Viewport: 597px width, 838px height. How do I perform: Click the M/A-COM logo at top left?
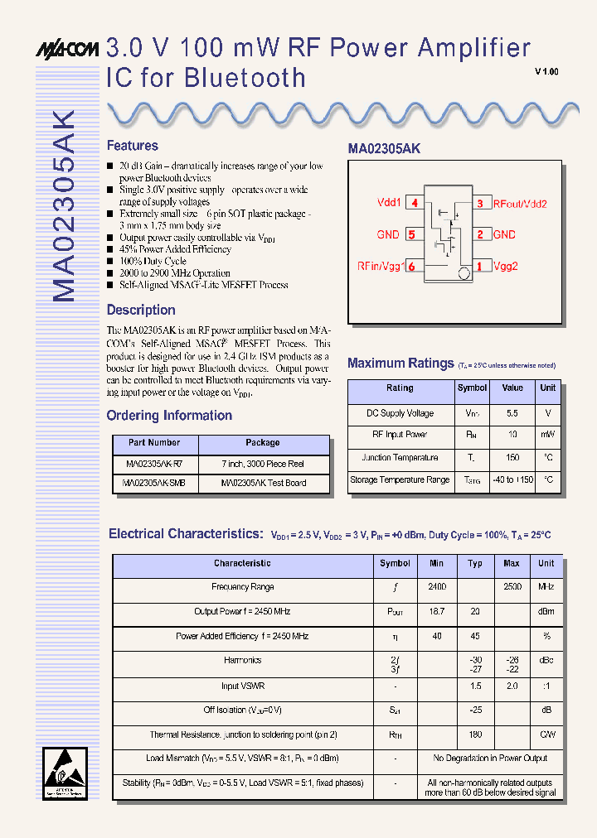click(67, 49)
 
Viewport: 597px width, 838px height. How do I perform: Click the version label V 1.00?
click(546, 72)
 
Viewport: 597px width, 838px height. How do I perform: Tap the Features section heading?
click(132, 146)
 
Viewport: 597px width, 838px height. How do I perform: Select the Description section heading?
click(141, 311)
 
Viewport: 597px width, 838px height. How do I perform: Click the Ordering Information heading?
click(169, 416)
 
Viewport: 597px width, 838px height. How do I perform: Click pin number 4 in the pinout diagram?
click(414, 203)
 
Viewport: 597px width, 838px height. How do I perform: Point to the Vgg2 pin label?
click(505, 266)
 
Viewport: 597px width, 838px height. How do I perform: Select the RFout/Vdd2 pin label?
click(520, 203)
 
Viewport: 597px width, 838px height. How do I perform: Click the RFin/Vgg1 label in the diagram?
click(380, 266)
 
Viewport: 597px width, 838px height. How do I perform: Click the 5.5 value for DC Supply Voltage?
click(512, 413)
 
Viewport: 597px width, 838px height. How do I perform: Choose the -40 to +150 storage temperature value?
click(512, 479)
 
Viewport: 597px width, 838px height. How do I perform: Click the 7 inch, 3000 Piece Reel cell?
click(263, 465)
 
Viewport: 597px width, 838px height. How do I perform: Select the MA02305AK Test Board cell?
click(263, 483)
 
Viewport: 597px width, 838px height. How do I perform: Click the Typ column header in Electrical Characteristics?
click(475, 563)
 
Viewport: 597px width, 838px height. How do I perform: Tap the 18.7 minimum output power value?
click(436, 611)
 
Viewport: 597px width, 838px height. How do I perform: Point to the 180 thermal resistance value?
click(475, 734)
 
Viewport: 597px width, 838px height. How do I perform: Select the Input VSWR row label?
click(242, 686)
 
